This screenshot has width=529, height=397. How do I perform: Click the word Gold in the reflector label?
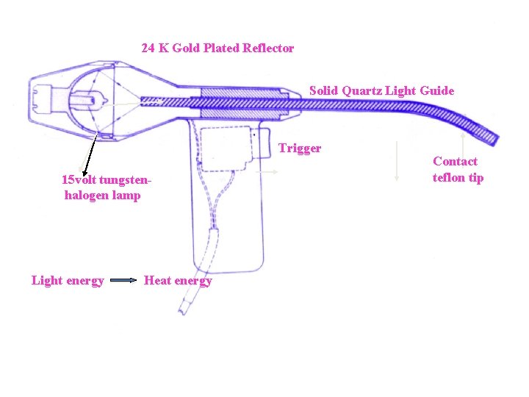[187, 48]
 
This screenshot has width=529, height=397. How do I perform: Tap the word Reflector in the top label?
[268, 48]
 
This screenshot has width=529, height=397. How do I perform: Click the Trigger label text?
[300, 149]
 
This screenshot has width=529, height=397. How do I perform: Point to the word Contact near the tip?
[455, 161]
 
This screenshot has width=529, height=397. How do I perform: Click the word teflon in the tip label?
[448, 177]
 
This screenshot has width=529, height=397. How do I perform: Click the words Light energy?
[68, 281]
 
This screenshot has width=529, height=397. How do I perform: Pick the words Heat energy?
[178, 281]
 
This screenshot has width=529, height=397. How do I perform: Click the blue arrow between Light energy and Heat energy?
[123, 280]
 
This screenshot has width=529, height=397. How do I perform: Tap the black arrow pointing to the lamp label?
[90, 154]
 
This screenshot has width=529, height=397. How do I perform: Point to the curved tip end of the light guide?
[495, 140]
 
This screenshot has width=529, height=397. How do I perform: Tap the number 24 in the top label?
[148, 48]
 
